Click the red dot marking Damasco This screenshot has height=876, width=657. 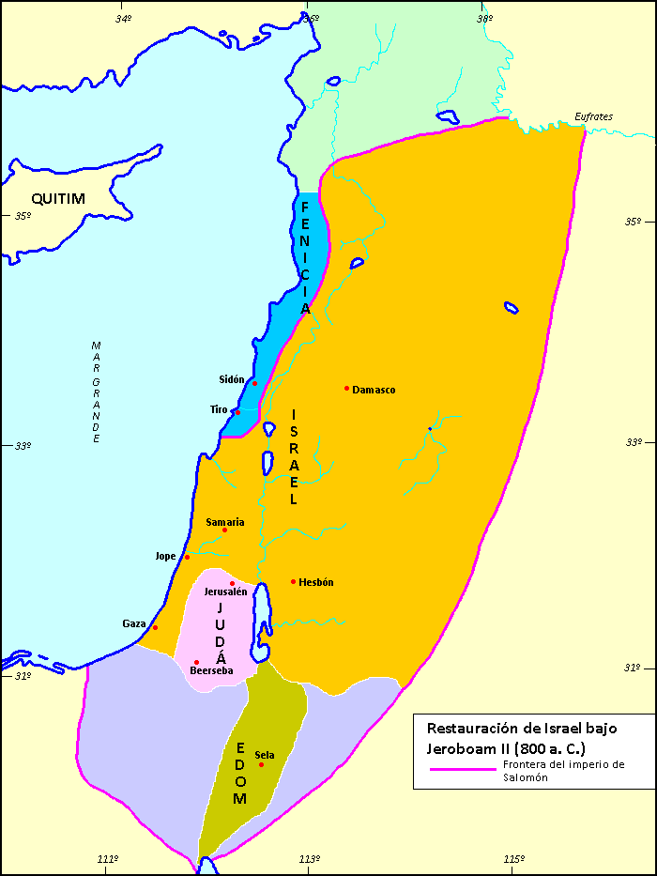347,389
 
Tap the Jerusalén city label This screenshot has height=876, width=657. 225,592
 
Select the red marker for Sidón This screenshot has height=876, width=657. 254,383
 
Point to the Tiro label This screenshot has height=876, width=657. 219,410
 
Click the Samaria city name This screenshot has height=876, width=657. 224,522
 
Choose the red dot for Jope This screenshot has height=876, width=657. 188,557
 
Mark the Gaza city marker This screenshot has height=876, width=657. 156,627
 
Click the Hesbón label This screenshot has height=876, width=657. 315,582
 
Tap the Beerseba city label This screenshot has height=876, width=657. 211,670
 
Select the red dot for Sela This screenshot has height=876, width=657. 262,764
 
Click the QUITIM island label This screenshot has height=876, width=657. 58,198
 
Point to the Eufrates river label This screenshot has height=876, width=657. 594,117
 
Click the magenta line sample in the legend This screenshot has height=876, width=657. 462,768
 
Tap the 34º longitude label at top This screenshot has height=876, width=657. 123,18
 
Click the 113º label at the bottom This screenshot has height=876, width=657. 310,859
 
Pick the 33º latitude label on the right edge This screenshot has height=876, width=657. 634,442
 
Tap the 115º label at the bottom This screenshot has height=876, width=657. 512,859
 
